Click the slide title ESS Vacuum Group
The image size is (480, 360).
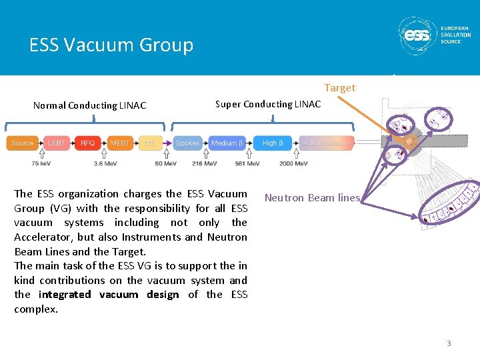(x=111, y=45)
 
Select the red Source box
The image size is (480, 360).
(x=22, y=143)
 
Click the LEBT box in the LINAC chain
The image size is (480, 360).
(x=56, y=143)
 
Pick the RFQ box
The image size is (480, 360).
(x=87, y=143)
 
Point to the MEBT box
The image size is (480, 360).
(x=120, y=143)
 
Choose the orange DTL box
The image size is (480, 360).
(x=151, y=143)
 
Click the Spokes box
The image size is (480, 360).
(x=187, y=143)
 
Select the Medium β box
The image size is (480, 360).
(x=227, y=143)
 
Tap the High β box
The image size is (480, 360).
(x=273, y=143)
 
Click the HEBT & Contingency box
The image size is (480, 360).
(x=326, y=143)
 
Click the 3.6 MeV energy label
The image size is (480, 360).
(x=106, y=163)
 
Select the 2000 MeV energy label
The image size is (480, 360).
(x=294, y=163)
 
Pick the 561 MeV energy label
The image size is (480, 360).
(x=247, y=163)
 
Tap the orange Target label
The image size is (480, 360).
(x=339, y=88)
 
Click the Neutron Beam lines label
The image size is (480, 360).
(x=312, y=198)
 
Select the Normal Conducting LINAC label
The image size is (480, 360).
(x=89, y=105)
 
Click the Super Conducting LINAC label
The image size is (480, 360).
(x=267, y=104)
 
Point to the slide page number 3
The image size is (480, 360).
(x=449, y=343)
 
